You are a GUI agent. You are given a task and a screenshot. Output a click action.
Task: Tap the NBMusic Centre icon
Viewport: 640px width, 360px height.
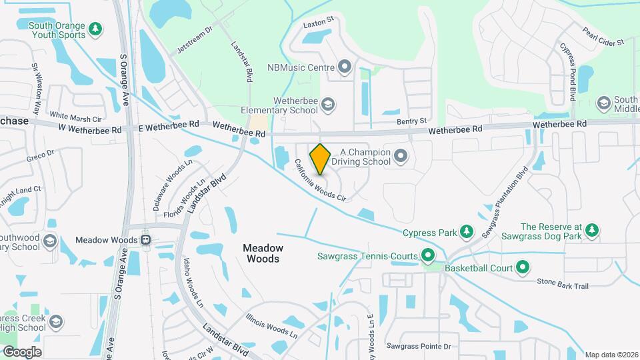pos(345,67)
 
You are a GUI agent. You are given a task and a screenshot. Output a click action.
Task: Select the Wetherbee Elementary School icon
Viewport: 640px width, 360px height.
pos(327,104)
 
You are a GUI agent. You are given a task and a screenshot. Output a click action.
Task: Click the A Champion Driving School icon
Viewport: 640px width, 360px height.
pos(401,156)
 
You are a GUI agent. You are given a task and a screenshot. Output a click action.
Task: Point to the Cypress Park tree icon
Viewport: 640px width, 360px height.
pos(467,233)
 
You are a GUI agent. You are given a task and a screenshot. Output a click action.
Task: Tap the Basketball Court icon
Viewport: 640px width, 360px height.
pos(523,268)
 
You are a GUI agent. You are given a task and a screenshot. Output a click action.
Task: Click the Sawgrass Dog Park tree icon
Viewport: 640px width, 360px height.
pos(592,231)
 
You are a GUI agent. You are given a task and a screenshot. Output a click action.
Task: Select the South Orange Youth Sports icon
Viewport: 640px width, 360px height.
pos(96,29)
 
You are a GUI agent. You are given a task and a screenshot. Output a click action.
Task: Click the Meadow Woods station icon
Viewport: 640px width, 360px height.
pos(145,240)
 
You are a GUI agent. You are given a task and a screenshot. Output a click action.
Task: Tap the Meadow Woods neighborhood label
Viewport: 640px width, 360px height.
pos(263,253)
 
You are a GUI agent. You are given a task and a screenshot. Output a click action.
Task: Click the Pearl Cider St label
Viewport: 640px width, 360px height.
pos(602,37)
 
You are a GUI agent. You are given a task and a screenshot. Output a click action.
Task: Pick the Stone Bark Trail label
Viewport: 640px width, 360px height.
pos(563,285)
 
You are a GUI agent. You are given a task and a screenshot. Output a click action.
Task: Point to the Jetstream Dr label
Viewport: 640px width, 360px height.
pos(194,40)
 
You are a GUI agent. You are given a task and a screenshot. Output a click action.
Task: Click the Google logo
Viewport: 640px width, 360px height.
pos(22,351)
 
